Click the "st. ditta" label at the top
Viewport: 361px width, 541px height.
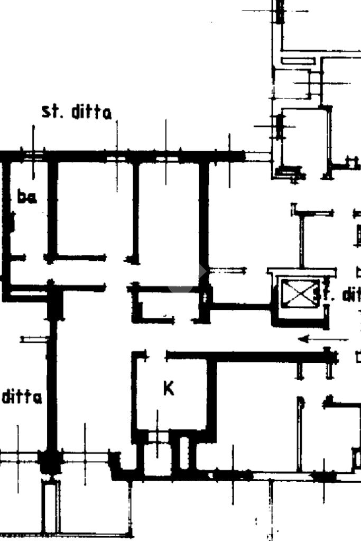pos(77,113)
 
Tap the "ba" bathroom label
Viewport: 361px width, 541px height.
pos(26,198)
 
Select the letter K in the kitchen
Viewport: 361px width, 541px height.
pos(168,389)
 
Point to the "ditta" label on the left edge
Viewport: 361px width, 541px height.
pos(22,397)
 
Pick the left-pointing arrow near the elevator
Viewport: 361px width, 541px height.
pos(316,339)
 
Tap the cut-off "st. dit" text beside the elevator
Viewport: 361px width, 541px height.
pos(337,294)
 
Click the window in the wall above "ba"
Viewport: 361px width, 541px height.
pos(34,155)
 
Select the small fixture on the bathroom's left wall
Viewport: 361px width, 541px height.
pos(12,222)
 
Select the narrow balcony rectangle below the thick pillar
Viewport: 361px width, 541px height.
pos(51,505)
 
